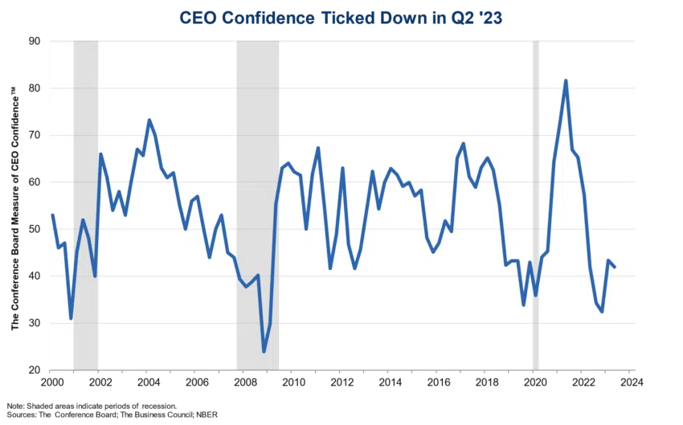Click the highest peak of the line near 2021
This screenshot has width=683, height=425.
[566, 80]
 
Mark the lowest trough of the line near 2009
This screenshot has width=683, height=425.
[264, 352]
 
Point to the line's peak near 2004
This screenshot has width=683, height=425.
[149, 120]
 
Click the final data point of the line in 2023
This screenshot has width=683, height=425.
[615, 267]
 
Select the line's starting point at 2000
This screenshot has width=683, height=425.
[51, 215]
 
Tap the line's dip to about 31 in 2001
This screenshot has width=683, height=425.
[71, 319]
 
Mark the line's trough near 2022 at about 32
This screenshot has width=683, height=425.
[602, 312]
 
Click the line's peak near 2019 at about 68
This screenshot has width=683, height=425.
[464, 144]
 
